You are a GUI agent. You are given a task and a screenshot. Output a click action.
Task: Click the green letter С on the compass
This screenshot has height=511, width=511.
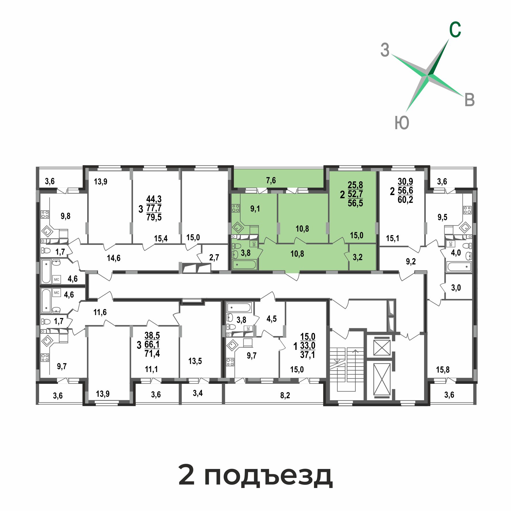point(455,30)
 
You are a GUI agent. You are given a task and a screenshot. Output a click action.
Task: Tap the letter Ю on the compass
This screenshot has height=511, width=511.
point(402,123)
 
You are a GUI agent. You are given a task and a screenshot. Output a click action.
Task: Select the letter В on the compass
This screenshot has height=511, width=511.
point(470,100)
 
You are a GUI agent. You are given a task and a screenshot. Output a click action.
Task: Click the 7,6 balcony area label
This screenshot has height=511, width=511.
point(271,180)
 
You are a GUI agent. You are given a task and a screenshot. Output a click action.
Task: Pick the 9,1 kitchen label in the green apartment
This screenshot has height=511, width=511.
point(255,209)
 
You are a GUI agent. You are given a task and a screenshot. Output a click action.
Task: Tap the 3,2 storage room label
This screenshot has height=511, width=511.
point(358,257)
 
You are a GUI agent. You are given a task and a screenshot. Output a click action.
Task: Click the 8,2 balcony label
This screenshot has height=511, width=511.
point(285,395)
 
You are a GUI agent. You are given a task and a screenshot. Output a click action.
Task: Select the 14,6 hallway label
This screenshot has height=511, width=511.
point(114,258)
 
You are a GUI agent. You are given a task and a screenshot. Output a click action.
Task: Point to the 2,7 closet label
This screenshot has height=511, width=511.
point(214,257)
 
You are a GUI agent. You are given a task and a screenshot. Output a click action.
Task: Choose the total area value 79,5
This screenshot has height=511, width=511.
point(154,217)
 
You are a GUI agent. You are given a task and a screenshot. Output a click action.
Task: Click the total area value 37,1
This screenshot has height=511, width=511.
point(308,354)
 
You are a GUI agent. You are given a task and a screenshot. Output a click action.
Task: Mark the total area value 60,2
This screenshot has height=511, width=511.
point(405,199)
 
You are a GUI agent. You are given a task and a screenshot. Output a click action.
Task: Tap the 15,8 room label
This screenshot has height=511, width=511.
point(443,369)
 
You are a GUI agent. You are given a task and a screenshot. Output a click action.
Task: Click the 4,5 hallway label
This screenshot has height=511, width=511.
point(272,319)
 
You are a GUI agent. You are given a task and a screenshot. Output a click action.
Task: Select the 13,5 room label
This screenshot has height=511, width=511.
point(195,361)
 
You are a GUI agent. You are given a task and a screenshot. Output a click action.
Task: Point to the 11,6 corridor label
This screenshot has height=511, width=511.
point(100,312)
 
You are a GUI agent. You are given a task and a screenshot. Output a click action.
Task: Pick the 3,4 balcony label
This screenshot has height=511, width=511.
point(198,393)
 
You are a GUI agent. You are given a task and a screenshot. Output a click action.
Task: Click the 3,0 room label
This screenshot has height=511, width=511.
point(456,288)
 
